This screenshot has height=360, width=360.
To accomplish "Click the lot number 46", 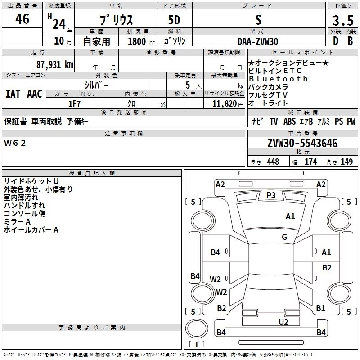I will click(x=22, y=19).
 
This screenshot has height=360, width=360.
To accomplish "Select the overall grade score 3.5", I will click(x=342, y=21).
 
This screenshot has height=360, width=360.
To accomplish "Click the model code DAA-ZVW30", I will click(x=258, y=41).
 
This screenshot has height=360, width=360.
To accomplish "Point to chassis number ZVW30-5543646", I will click(x=302, y=144).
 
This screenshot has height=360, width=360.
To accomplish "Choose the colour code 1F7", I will click(x=74, y=103).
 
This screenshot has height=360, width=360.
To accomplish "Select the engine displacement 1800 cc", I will click(x=137, y=41).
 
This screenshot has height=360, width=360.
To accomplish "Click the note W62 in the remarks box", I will click(x=15, y=143).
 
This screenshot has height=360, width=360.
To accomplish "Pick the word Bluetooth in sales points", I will click(x=279, y=79).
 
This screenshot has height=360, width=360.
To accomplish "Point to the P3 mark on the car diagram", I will click(x=271, y=195).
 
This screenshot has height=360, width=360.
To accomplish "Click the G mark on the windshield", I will click(x=284, y=237).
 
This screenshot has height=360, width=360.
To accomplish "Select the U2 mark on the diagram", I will click(x=283, y=321).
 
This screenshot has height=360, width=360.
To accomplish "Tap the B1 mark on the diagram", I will click(x=320, y=308).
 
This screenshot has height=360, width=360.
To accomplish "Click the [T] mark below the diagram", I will click(x=196, y=345).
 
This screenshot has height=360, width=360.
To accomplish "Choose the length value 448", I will click(x=273, y=162).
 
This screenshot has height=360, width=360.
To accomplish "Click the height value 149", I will click(x=347, y=162).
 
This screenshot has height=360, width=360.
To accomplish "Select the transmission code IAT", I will click(x=13, y=94).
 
